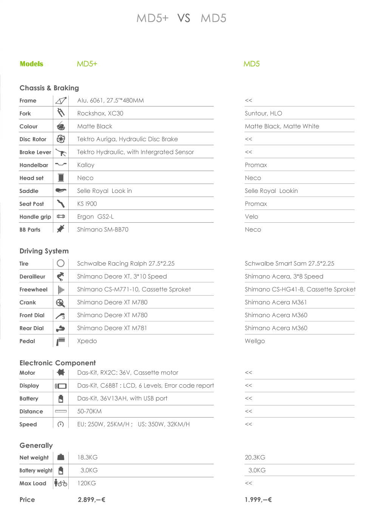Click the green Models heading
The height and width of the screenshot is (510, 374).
pyautogui.click(x=31, y=64)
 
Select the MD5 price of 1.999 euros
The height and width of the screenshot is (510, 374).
pyautogui.click(x=258, y=499)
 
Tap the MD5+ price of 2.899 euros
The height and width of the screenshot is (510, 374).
pyautogui.click(x=91, y=499)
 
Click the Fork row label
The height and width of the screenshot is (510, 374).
pyautogui.click(x=25, y=113)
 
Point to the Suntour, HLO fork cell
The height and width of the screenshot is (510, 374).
pyautogui.click(x=263, y=113)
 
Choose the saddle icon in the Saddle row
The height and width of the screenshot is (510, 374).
pyautogui.click(x=61, y=191)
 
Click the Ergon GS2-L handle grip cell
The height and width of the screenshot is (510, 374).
pyautogui.click(x=95, y=217)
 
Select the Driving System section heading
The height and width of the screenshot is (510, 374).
pyautogui.click(x=44, y=251)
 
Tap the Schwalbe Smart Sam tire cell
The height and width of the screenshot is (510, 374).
pyautogui.click(x=289, y=263)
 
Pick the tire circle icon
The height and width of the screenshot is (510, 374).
pyautogui.click(x=61, y=263)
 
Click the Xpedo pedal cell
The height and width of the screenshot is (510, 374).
pyautogui.click(x=87, y=341)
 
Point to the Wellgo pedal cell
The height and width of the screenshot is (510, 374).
pyautogui.click(x=255, y=341)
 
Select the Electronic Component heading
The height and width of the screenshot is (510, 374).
pyautogui.click(x=57, y=363)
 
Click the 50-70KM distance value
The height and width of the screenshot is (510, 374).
pyautogui.click(x=89, y=411)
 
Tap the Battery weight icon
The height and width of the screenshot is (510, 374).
pyautogui.click(x=61, y=470)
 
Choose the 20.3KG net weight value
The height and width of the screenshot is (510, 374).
pyautogui.click(x=255, y=457)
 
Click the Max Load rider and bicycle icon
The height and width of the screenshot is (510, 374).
pyautogui.click(x=61, y=483)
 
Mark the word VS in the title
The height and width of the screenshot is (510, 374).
pyautogui.click(x=184, y=18)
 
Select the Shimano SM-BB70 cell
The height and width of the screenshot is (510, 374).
pyautogui.click(x=103, y=230)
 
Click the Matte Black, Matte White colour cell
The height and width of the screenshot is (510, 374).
pyautogui.click(x=282, y=126)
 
